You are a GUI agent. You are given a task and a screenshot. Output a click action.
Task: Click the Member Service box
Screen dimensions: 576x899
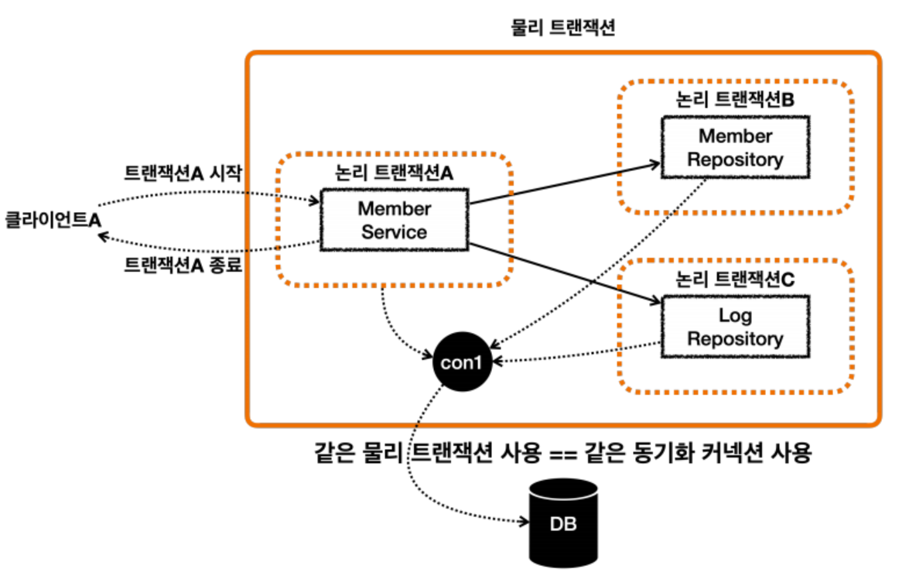click(x=394, y=220)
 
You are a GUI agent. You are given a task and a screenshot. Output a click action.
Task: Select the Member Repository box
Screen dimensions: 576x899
click(x=735, y=148)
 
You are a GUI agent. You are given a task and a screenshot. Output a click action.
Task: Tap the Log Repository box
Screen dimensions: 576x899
click(x=735, y=327)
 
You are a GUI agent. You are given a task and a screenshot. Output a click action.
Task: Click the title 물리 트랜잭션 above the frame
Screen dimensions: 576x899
click(x=563, y=28)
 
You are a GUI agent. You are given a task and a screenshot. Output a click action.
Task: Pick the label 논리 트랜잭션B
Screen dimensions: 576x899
click(x=735, y=101)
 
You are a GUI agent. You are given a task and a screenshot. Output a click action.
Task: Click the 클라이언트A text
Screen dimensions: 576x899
click(x=53, y=219)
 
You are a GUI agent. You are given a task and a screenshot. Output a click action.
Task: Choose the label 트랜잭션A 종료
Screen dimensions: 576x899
click(x=183, y=266)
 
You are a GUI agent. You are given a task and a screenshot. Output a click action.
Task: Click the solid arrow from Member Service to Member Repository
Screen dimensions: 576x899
click(x=565, y=184)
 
